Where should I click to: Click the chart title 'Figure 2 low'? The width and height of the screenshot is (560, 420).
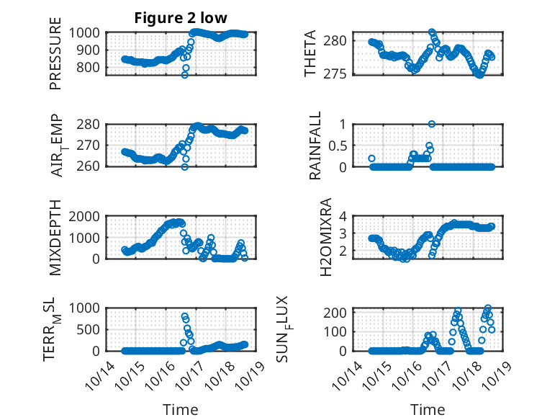pyautogui.click(x=181, y=19)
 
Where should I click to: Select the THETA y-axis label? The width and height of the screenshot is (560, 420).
pyautogui.click(x=310, y=54)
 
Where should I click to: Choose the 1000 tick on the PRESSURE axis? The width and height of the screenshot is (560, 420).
pyautogui.click(x=87, y=32)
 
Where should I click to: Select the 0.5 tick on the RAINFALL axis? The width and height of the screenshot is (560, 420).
pyautogui.click(x=340, y=145)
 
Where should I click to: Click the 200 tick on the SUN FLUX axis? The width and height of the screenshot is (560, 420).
pyautogui.click(x=338, y=313)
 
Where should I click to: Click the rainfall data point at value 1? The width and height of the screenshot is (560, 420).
pyautogui.click(x=432, y=124)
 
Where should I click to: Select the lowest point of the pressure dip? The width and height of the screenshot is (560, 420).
pyautogui.click(x=185, y=74)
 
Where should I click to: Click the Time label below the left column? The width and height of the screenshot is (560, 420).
pyautogui.click(x=181, y=410)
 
